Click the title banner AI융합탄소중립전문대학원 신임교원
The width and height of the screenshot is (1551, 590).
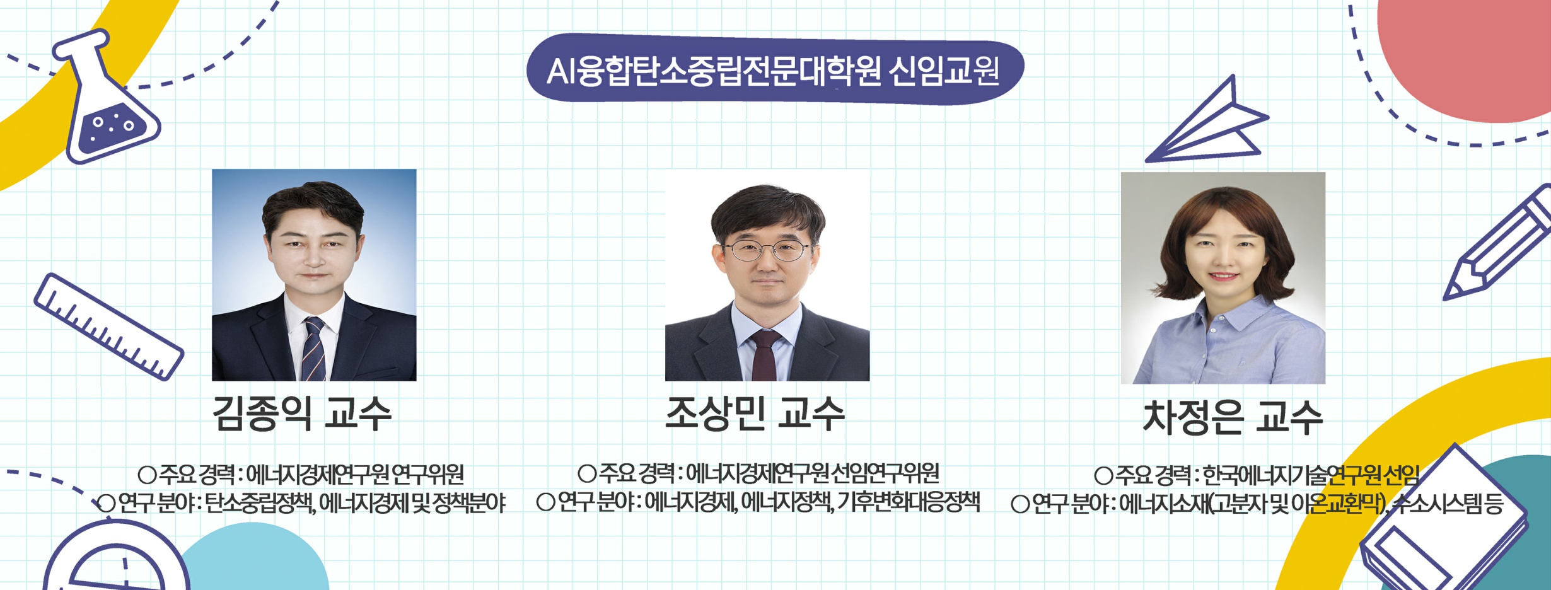pos(775,69)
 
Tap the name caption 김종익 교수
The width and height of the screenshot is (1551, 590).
pos(302,414)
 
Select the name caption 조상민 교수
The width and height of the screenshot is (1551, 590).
pos(755,414)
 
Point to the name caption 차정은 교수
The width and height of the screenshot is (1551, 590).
pos(1233,417)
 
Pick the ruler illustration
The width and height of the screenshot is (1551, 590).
pos(108,327)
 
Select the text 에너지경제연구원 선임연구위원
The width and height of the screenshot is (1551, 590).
pos(812,473)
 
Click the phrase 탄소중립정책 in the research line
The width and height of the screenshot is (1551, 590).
pos(260,503)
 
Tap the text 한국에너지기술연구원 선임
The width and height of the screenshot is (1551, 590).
pos(1311,475)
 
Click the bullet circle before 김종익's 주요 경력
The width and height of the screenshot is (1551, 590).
pos(147,475)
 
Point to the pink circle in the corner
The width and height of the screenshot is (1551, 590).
pos(1464,57)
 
